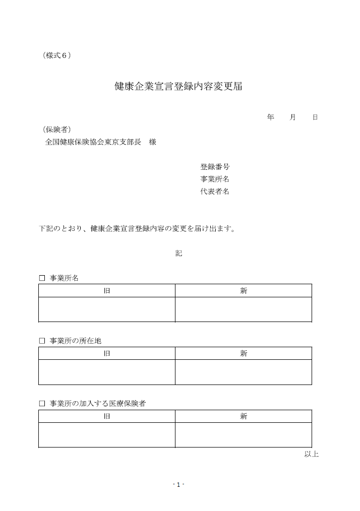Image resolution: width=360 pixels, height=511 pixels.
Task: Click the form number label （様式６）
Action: pyautogui.click(x=56, y=55)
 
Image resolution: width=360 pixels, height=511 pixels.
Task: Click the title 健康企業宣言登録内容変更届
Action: pyautogui.click(x=178, y=86)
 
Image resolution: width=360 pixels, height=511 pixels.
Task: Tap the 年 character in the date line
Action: pyautogui.click(x=271, y=117)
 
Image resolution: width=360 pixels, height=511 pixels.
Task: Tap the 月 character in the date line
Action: pyautogui.click(x=293, y=117)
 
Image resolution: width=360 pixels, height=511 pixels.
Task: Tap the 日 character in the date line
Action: pyautogui.click(x=315, y=117)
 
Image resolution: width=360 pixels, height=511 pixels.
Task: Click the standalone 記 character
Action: pyautogui.click(x=179, y=253)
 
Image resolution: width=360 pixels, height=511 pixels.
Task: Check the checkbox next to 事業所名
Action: pyautogui.click(x=42, y=278)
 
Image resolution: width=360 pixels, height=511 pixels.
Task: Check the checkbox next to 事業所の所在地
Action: pyautogui.click(x=42, y=341)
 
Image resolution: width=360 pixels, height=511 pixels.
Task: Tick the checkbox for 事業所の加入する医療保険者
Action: pyautogui.click(x=42, y=404)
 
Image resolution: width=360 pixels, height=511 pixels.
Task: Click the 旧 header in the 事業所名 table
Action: pyautogui.click(x=107, y=291)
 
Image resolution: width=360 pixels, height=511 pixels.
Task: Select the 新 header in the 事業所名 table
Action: pyautogui.click(x=244, y=291)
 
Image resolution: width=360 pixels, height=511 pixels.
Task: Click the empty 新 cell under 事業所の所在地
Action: pyautogui.click(x=244, y=372)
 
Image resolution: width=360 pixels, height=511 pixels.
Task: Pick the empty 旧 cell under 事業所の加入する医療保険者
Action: pyautogui.click(x=107, y=435)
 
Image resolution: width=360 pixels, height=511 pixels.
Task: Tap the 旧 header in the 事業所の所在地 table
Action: pyautogui.click(x=107, y=354)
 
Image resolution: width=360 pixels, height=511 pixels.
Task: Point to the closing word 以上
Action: pyautogui.click(x=311, y=454)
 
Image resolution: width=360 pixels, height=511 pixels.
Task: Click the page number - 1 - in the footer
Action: pyautogui.click(x=178, y=484)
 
